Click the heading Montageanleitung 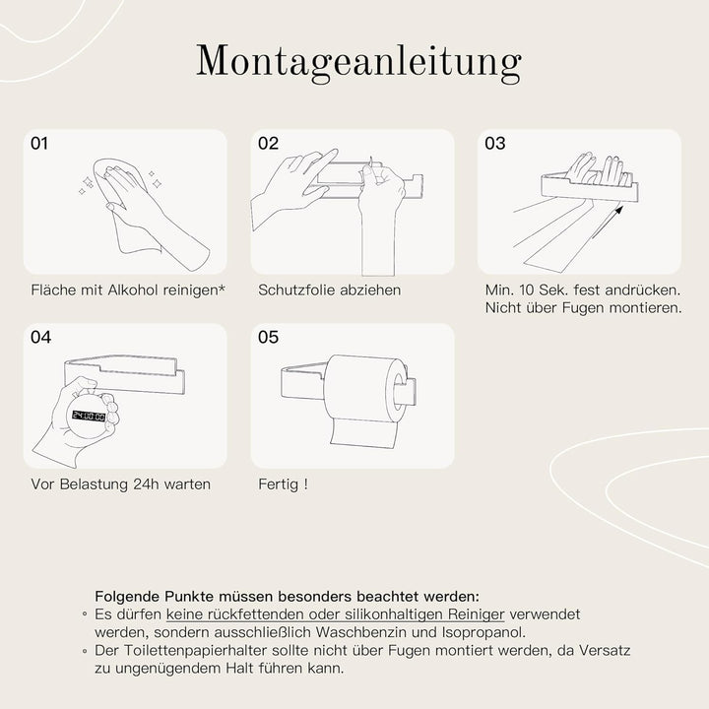click(357, 62)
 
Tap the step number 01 click(40, 144)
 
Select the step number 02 click(269, 144)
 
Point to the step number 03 click(495, 144)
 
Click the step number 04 click(40, 338)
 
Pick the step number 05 click(269, 338)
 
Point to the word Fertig click(277, 484)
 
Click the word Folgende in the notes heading click(126, 596)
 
